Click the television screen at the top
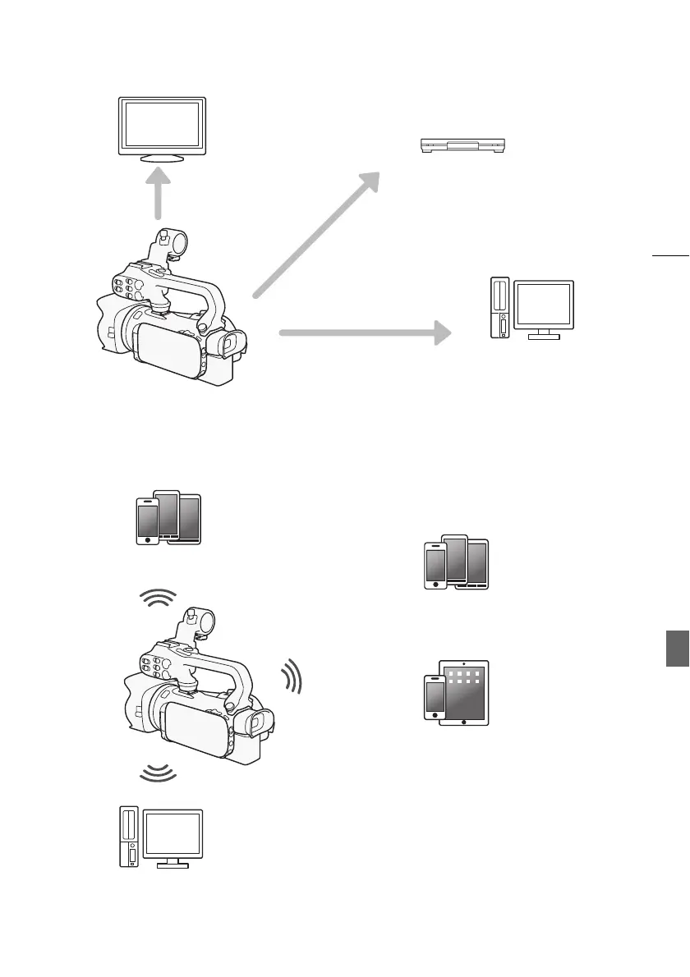click(162, 124)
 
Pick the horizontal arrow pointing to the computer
click(366, 333)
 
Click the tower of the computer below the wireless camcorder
click(129, 837)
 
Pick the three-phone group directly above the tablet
click(456, 562)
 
